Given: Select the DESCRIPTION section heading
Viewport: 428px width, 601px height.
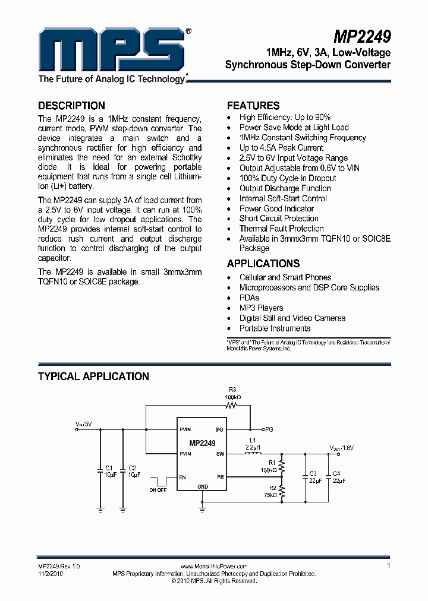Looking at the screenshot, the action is click(71, 106).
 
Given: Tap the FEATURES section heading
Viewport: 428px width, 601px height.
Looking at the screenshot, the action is click(253, 106).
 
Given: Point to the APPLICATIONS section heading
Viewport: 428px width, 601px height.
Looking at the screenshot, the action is click(263, 264).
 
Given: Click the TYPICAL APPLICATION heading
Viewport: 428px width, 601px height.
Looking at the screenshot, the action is click(93, 377).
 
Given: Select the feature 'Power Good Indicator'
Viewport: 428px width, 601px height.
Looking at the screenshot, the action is click(276, 208).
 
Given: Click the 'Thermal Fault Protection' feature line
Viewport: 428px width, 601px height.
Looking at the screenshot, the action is click(281, 229).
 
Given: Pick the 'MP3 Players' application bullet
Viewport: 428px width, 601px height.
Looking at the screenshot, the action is click(261, 308).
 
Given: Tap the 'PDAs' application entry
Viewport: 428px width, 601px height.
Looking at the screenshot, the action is click(249, 298).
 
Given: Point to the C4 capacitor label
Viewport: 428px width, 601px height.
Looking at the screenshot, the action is click(337, 473).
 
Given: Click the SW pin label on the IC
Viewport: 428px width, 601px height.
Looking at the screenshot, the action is click(219, 454).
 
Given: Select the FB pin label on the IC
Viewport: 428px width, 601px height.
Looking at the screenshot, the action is click(220, 476).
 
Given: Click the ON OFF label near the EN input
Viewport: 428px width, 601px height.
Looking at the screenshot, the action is click(158, 490).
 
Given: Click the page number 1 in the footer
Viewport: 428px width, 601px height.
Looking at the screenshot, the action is click(388, 567).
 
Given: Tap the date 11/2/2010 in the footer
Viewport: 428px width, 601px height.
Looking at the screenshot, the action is click(51, 574).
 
